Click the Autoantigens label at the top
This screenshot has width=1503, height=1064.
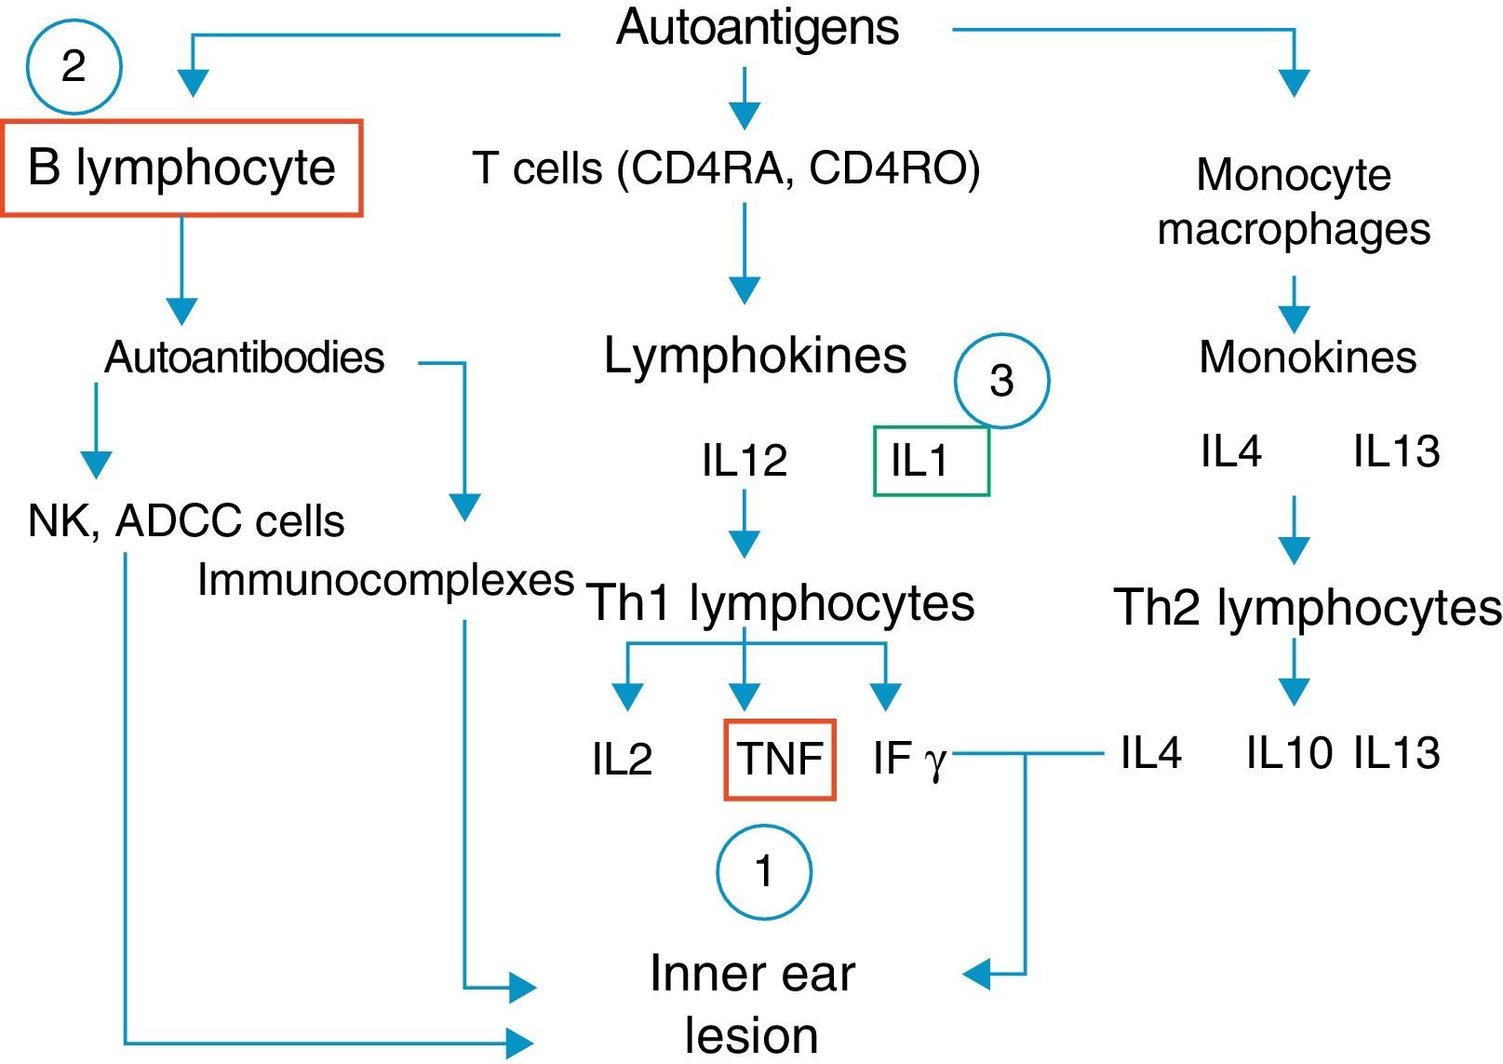click(757, 28)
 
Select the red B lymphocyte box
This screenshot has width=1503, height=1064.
click(181, 168)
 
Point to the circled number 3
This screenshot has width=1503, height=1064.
click(1001, 381)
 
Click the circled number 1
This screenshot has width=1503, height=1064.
click(764, 872)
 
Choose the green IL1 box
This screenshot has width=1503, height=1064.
click(931, 461)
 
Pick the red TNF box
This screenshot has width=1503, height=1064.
click(780, 760)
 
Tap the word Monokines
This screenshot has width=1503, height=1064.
click(1307, 357)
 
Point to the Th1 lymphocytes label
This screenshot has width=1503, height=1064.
click(780, 603)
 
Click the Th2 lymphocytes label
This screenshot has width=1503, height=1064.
click(1307, 608)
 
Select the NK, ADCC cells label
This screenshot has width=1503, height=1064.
click(186, 521)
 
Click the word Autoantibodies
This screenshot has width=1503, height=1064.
click(244, 357)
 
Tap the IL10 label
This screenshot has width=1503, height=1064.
click(1289, 753)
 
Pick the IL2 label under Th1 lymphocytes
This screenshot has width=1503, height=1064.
click(622, 760)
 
